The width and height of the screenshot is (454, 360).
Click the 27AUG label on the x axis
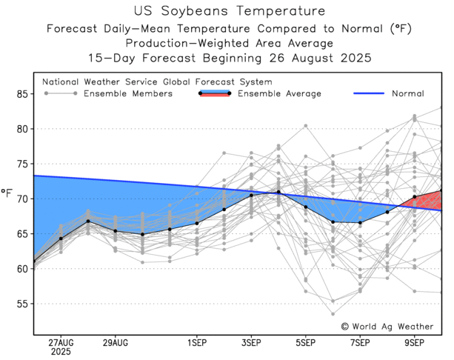point(61,344)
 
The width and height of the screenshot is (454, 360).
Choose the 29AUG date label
point(115,344)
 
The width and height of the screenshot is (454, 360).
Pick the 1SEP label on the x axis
point(197,344)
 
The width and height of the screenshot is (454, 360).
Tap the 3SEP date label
point(251,344)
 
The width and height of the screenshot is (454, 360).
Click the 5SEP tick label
point(306,344)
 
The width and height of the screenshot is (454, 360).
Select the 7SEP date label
point(360,344)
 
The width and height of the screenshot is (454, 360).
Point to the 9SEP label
point(415,344)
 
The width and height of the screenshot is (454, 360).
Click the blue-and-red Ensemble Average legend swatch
point(215,94)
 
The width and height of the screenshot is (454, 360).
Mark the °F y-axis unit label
point(7,195)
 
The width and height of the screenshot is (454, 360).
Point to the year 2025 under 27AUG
point(61,353)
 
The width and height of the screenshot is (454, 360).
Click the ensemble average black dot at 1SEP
point(197,223)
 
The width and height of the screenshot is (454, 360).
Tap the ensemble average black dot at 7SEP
point(360,222)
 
